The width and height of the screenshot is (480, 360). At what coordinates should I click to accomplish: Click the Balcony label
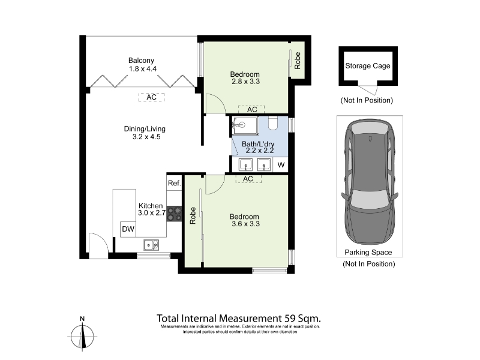point(141,61)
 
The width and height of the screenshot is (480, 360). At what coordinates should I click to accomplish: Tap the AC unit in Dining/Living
point(151,97)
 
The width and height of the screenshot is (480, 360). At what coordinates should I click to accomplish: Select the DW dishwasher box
point(128,229)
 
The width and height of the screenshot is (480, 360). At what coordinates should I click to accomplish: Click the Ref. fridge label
point(174,183)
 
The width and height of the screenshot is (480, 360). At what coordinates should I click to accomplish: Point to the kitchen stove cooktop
point(174,214)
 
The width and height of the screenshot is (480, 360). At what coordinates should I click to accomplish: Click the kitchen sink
point(151,245)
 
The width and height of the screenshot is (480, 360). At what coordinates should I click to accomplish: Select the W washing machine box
point(281,164)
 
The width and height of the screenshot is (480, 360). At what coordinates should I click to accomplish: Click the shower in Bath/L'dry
point(245,125)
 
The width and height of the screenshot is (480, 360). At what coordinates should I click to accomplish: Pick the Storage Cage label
point(368,66)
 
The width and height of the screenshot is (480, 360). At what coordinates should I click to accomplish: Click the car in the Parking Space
point(370,182)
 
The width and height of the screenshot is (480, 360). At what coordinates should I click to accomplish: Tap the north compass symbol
point(82,335)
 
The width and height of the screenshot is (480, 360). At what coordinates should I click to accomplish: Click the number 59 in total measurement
point(290,319)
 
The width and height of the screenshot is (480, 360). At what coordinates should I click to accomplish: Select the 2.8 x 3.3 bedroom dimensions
point(245,82)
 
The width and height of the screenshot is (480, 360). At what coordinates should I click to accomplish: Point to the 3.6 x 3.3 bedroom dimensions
point(245,224)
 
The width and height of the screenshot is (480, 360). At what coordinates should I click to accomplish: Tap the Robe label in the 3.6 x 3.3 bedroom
point(193,215)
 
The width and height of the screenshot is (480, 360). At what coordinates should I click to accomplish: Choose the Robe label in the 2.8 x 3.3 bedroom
point(297,61)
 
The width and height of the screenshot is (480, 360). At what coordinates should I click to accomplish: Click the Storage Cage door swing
point(367,89)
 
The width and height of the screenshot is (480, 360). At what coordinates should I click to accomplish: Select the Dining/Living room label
point(145,129)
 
